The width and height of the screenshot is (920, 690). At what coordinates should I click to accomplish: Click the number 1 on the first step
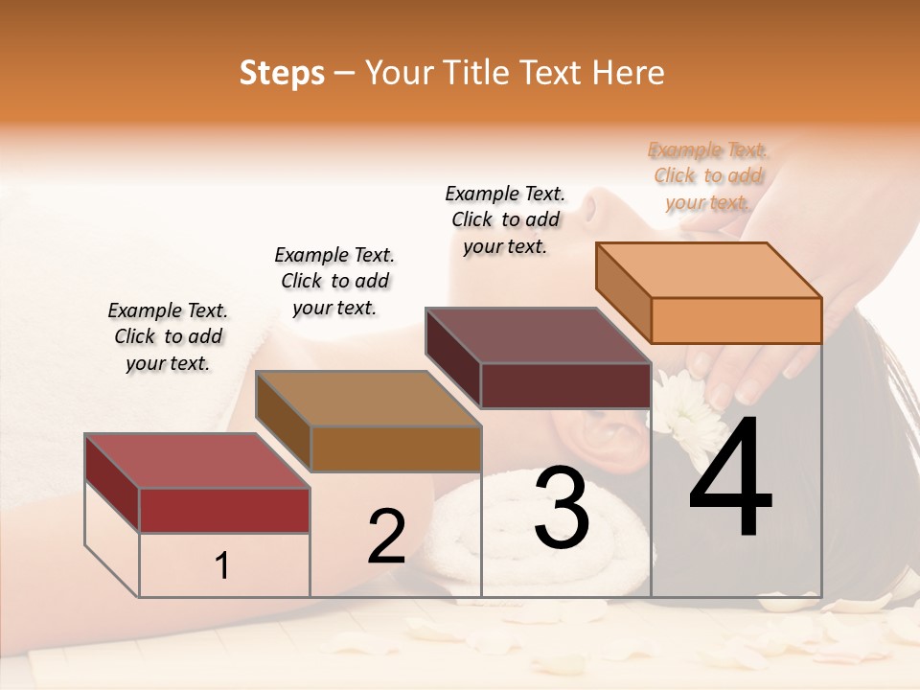pyautogui.click(x=222, y=566)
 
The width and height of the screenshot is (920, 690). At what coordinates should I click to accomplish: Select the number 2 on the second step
pyautogui.click(x=386, y=537)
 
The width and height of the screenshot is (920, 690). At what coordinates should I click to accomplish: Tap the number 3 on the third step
pyautogui.click(x=562, y=509)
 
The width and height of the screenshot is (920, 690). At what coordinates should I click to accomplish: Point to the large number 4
pyautogui.click(x=730, y=479)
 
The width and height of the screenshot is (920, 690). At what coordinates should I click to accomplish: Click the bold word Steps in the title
pyautogui.click(x=282, y=73)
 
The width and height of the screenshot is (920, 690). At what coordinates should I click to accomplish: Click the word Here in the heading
pyautogui.click(x=629, y=73)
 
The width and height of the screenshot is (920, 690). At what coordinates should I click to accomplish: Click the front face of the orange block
pyautogui.click(x=736, y=320)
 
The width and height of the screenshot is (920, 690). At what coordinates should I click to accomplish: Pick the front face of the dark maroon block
pyautogui.click(x=565, y=385)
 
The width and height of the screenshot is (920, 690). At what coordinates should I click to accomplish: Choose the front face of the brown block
pyautogui.click(x=396, y=448)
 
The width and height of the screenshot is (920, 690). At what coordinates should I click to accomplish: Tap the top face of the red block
pyautogui.click(x=196, y=461)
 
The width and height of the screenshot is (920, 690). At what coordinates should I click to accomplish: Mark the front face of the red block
pyautogui.click(x=224, y=510)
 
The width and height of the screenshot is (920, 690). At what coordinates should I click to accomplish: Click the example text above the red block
pyautogui.click(x=168, y=336)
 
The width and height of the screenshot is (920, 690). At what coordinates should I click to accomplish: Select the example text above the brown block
pyautogui.click(x=334, y=281)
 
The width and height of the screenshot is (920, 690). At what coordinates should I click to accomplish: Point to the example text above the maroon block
pyautogui.click(x=505, y=219)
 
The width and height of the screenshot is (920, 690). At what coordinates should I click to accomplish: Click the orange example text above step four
pyautogui.click(x=708, y=175)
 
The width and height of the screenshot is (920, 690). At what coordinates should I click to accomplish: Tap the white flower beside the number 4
pyautogui.click(x=682, y=410)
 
